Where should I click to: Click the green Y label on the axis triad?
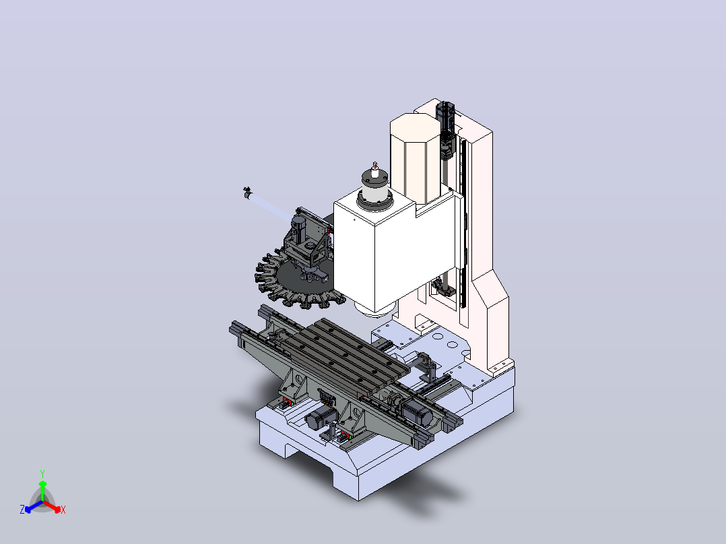[42, 473]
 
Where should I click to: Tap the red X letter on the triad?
[63, 510]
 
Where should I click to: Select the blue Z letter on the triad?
[22, 509]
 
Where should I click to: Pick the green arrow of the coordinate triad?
[42, 491]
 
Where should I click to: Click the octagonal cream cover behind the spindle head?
[415, 158]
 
